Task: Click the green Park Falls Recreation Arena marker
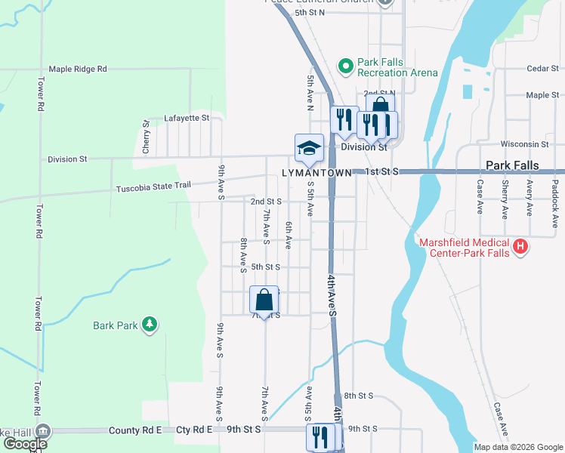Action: tap(346, 66)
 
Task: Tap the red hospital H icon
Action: tap(520, 246)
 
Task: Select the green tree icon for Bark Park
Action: tap(150, 325)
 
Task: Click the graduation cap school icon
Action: tap(309, 148)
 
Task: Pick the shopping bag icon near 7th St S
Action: tap(264, 300)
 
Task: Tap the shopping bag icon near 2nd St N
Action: tap(380, 106)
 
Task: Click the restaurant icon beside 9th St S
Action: tap(320, 436)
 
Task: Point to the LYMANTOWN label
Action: tap(316, 173)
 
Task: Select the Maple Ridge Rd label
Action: tap(78, 69)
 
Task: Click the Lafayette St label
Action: tap(187, 119)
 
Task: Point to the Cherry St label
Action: tap(147, 137)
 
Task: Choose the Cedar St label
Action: tap(542, 69)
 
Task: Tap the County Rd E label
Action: tap(135, 430)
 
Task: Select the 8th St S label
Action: tap(359, 396)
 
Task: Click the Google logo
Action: tap(24, 443)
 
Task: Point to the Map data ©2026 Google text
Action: tap(517, 447)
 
